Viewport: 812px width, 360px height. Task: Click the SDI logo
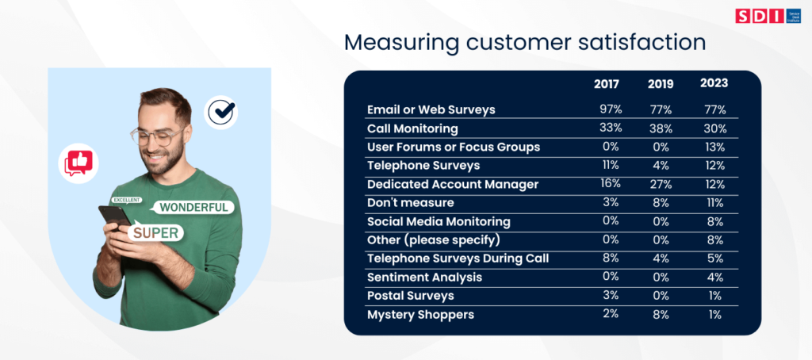tap(768, 16)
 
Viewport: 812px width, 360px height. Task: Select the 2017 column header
tap(606, 84)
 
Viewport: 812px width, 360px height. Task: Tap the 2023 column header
tap(714, 83)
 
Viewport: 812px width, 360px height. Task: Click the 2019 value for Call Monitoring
tap(660, 129)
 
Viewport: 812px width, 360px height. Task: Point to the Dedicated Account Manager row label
tap(453, 185)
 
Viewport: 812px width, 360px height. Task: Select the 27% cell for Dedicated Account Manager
tap(661, 185)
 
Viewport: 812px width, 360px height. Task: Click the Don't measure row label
tap(411, 202)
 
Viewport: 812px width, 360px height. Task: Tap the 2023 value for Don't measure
tap(715, 203)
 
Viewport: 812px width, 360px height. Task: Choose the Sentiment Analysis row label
tap(425, 277)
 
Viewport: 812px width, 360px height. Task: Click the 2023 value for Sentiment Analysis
tap(715, 277)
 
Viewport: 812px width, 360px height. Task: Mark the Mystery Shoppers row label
tap(420, 315)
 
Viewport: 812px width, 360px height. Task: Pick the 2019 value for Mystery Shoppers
tap(661, 315)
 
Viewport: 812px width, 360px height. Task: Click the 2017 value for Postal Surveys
tap(611, 295)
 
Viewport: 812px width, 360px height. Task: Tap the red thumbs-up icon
tap(79, 163)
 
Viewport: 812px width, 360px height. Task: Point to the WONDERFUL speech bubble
tap(193, 208)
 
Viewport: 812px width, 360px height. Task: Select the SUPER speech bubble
tap(155, 233)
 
